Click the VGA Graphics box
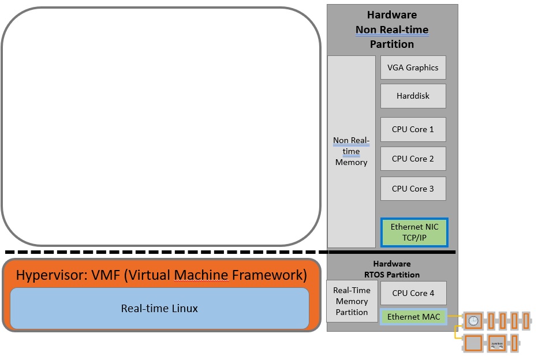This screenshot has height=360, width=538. tap(413, 67)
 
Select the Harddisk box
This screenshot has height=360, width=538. tap(413, 96)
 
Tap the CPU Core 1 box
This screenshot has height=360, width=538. tap(413, 129)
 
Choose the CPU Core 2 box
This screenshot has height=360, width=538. tap(413, 159)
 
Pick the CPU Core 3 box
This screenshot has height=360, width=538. tap(413, 189)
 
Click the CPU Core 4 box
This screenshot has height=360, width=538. tap(413, 293)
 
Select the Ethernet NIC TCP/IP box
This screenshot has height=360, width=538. tap(414, 232)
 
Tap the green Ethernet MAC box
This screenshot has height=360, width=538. tap(413, 317)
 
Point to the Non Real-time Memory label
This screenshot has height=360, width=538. tap(351, 151)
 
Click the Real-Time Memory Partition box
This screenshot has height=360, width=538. tap(352, 301)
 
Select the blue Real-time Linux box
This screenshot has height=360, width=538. tap(159, 309)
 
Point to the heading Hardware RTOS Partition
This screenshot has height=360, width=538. tap(392, 269)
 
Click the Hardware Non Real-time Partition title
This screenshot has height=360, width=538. tap(392, 29)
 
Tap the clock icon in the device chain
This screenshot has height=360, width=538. tap(473, 320)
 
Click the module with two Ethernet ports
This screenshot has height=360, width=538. tap(496, 344)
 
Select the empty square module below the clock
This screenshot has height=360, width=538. tap(473, 344)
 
